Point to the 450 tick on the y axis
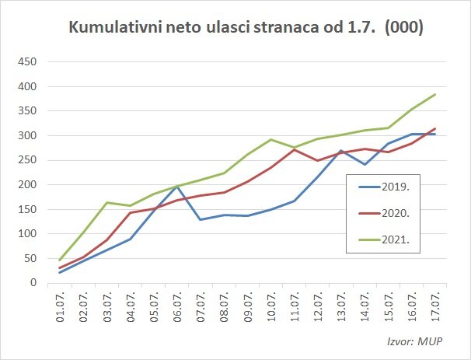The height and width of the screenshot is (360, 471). click(29, 61)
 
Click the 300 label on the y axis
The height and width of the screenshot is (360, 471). click(29, 135)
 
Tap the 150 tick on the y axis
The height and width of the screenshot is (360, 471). click(29, 209)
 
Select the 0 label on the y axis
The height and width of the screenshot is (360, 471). click(35, 283)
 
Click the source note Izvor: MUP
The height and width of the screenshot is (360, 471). click(420, 341)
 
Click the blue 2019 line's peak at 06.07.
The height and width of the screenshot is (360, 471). click(177, 187)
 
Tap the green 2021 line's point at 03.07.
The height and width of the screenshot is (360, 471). click(107, 202)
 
